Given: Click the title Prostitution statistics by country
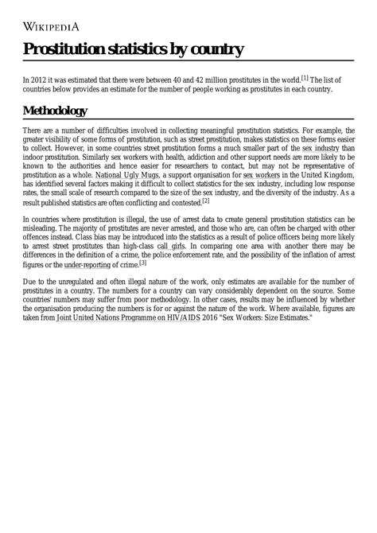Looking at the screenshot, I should click(x=132, y=51).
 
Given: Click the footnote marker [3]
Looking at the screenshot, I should click(x=142, y=263).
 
